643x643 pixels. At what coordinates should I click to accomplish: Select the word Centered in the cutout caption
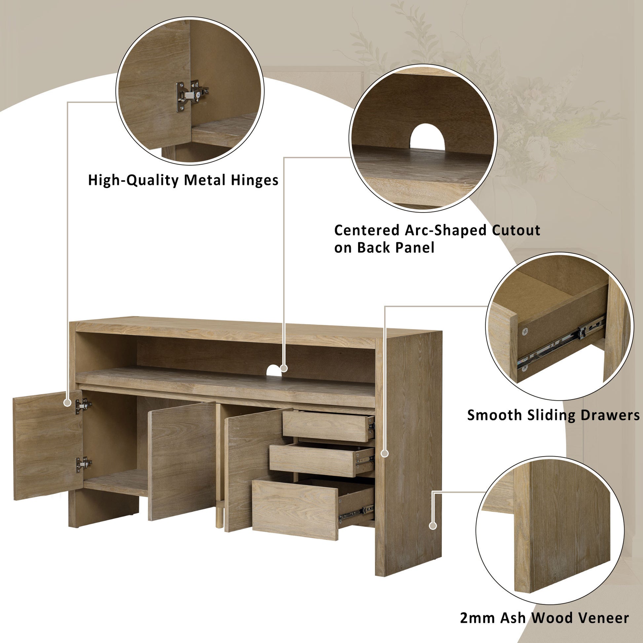[x=367, y=230]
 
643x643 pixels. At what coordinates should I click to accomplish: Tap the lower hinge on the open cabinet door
[x=84, y=464]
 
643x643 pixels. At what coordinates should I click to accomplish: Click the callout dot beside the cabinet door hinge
[x=67, y=403]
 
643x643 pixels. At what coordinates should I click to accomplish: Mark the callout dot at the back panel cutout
[x=284, y=368]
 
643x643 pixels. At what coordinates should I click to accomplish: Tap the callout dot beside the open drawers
[x=385, y=453]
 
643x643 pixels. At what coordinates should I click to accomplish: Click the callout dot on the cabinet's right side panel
[x=433, y=526]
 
